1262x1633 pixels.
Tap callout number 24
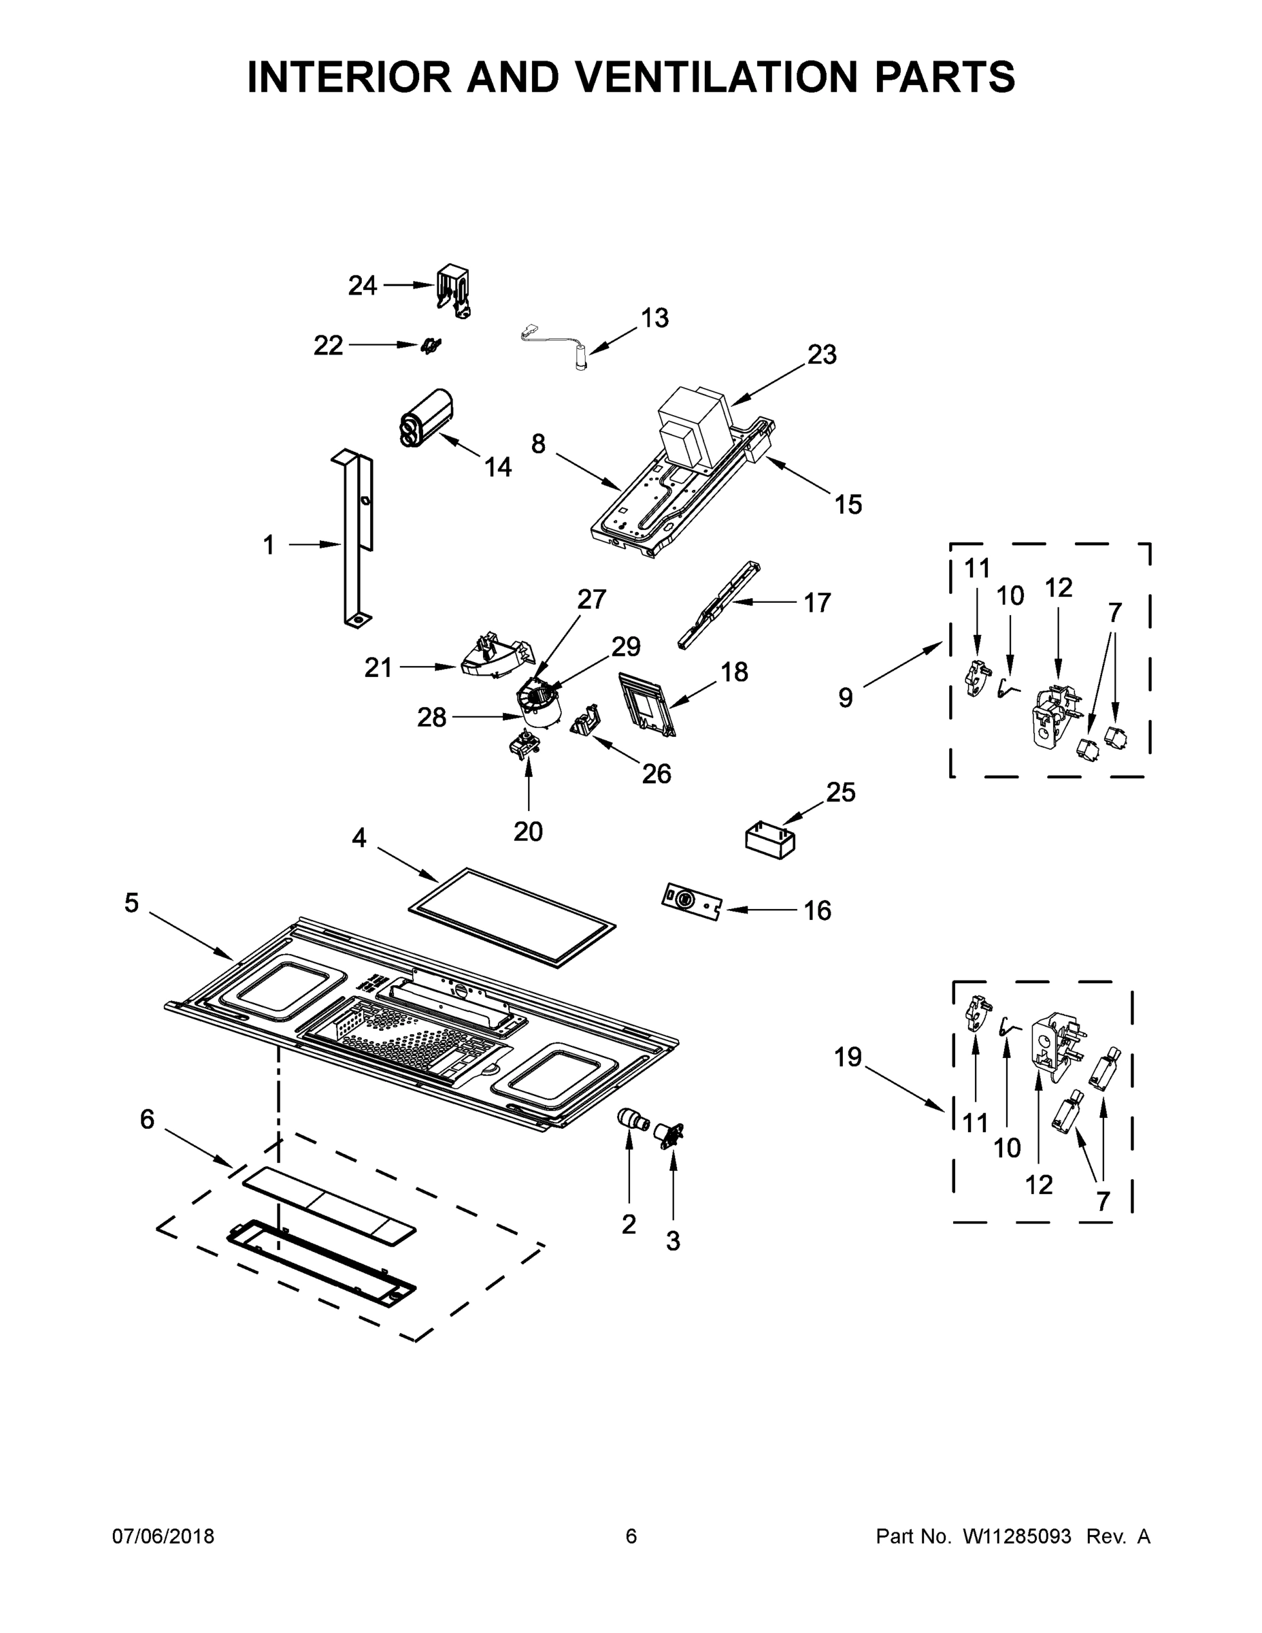[363, 285]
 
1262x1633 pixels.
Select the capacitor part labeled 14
[426, 418]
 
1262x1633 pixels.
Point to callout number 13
[654, 318]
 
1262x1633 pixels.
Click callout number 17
[817, 602]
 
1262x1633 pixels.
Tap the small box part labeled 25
[770, 840]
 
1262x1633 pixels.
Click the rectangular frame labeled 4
[512, 918]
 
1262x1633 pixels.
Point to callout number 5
[131, 902]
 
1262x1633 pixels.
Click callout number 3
[673, 1241]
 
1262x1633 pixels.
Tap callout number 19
[848, 1057]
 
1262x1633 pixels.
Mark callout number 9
[845, 697]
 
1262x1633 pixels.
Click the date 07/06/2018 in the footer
[163, 1536]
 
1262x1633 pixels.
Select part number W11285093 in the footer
[1017, 1536]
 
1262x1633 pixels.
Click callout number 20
[528, 831]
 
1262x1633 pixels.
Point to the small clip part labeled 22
[431, 346]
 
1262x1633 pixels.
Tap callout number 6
[146, 1119]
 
